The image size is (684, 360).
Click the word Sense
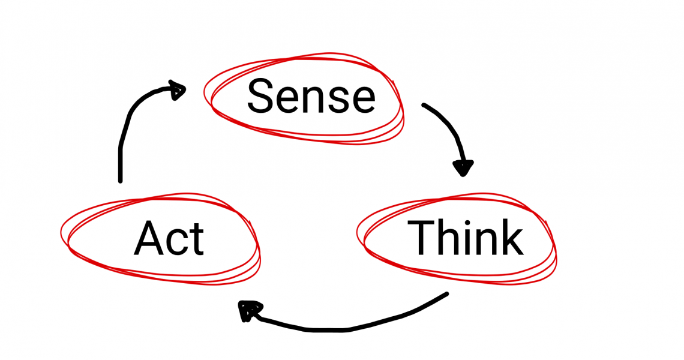[311, 97]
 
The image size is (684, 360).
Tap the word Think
[465, 238]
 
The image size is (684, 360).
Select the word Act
[169, 238]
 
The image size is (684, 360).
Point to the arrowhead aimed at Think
[463, 167]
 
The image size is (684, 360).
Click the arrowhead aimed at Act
[247, 310]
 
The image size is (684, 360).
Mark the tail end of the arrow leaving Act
[121, 179]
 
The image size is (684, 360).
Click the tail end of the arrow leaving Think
[446, 294]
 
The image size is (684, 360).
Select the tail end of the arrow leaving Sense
[424, 106]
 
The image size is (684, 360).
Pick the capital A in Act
[148, 238]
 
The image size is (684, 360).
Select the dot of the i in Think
[469, 222]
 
